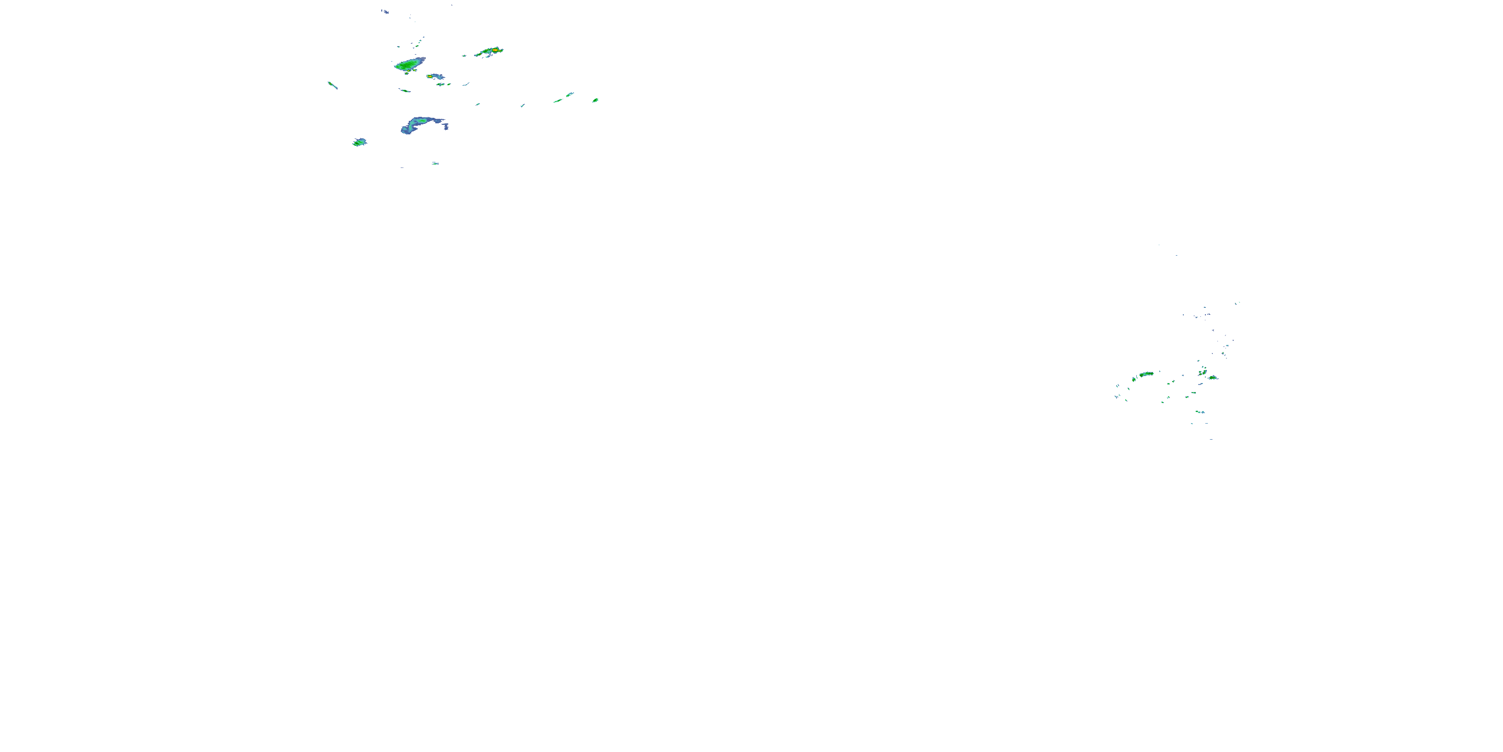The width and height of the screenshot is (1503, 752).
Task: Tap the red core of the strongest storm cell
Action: tap(495, 51)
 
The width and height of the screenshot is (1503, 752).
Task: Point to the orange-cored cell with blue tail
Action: tap(435, 77)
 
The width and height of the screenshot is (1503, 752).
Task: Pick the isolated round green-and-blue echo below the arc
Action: tap(359, 142)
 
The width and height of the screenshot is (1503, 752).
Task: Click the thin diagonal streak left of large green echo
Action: tap(333, 85)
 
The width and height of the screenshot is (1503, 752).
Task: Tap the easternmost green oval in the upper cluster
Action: tap(595, 100)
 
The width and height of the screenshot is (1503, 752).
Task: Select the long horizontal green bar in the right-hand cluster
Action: tap(1146, 373)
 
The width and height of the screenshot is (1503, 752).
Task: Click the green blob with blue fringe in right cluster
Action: tap(1212, 378)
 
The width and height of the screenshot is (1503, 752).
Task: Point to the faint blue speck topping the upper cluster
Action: tap(385, 11)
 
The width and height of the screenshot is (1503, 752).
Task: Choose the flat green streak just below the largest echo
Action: tap(404, 91)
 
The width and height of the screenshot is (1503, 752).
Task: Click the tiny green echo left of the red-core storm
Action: tap(464, 56)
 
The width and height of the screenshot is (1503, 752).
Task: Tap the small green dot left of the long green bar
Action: tap(1134, 380)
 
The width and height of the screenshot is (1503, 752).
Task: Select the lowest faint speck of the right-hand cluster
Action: tap(1211, 439)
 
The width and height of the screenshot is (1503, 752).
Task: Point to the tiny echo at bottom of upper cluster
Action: tap(435, 163)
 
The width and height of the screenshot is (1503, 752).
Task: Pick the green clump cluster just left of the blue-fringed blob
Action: tap(1202, 371)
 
